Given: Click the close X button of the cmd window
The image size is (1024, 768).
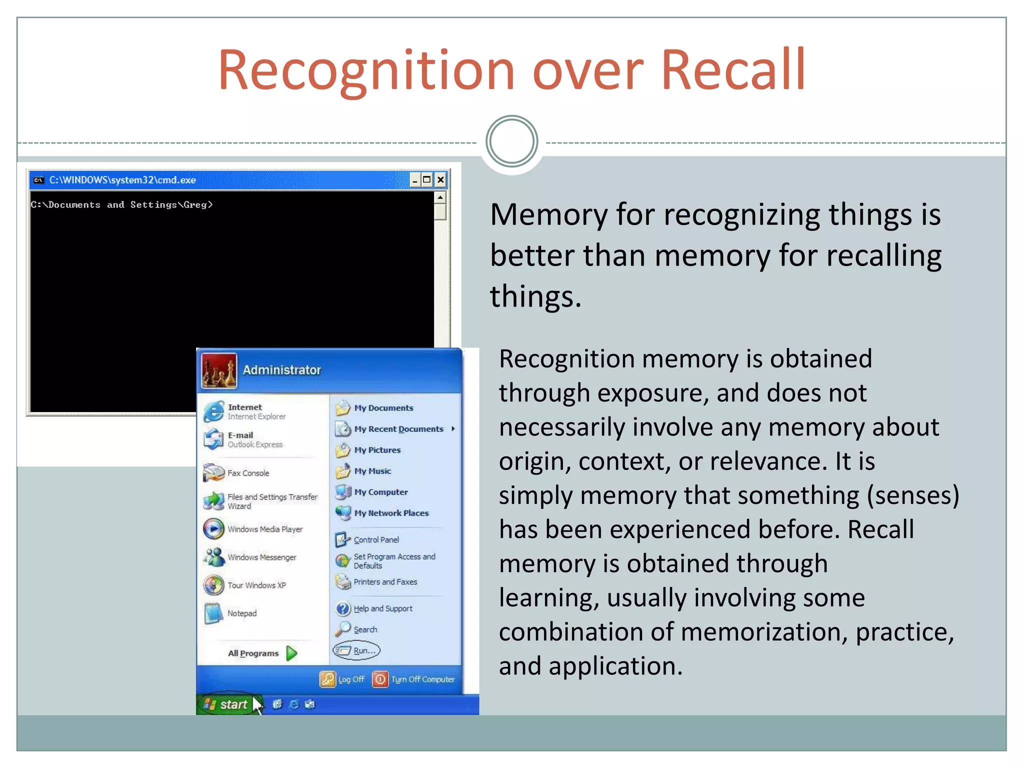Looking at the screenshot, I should pos(440,180).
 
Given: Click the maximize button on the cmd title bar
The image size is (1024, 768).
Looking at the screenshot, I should pos(427,180).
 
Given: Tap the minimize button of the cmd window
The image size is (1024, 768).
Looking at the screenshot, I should pos(414,180).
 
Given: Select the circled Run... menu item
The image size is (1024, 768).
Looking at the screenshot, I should pos(357,650).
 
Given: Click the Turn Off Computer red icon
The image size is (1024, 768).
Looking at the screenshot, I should pos(380,679).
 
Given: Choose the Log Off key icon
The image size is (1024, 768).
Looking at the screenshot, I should pos(327,679).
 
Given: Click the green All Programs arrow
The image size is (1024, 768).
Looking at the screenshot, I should pos(292,653).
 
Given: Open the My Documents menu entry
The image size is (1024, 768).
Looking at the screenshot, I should pos(383,408).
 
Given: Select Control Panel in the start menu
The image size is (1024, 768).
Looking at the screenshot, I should pos(376,539).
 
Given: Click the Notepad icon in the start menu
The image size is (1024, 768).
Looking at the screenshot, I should pos(214,613).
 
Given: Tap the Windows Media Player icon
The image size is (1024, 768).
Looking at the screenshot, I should pos(214,529).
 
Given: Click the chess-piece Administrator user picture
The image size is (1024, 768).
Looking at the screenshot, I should pos(219,370).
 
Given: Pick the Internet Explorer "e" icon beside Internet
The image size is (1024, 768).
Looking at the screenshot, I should pos(214,411).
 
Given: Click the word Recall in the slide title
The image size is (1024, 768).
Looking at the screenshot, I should pos(733,70).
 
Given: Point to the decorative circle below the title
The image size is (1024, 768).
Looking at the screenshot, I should pos(511,141).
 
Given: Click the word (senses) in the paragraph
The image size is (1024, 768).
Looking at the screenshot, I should pos(913,495).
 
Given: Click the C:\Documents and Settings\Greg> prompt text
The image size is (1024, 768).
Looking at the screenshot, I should pos(122,205).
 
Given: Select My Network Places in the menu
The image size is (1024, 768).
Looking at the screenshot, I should pos(391,513).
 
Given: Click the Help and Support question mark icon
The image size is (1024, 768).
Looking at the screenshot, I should pos(343,608).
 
